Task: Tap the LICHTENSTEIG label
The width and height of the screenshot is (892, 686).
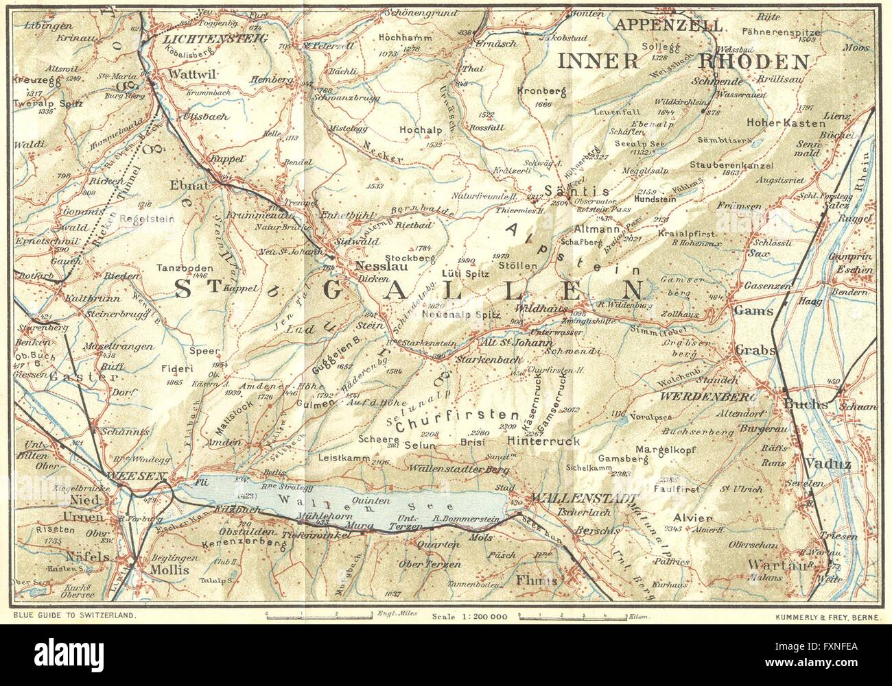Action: pyautogui.click(x=215, y=40)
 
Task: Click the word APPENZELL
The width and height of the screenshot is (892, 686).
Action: pyautogui.click(x=670, y=26)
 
